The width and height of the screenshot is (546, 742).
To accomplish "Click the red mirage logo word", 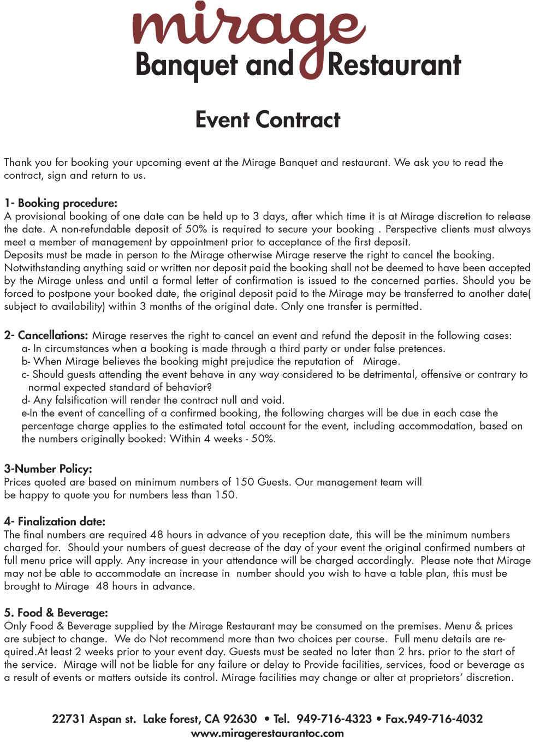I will coord(248,27).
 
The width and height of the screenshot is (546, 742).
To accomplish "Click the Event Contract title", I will coord(268,119).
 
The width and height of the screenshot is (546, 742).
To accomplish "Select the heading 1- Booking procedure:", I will coord(61,203).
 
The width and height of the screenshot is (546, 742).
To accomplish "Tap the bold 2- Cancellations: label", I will coord(46,335).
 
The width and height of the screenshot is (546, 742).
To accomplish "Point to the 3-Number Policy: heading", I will coord(48,469).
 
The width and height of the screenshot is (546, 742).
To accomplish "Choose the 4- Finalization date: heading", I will coord(55,521).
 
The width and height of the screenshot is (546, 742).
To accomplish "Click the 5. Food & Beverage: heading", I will coord(56,612).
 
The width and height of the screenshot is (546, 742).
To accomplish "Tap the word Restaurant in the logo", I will coord(394,65).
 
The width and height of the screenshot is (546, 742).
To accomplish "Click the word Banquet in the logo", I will coord(186,65).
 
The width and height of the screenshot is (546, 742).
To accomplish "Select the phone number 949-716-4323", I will coord(334,719).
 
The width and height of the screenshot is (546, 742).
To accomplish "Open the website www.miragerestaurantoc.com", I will coord(268,733).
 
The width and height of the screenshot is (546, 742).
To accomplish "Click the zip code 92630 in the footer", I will coord(240,719).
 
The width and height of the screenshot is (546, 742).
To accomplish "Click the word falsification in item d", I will coord(81,400).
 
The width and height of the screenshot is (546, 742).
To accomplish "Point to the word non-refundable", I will coord(96,229).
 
